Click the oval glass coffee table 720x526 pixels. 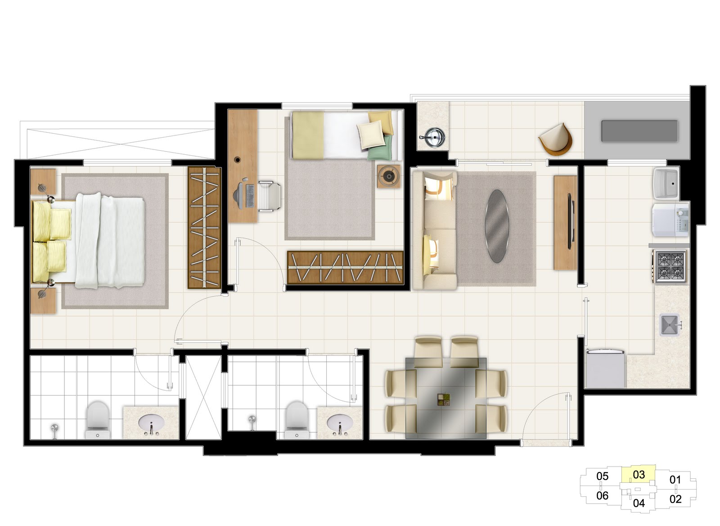tap(497, 226)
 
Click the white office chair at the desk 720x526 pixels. tap(269, 196)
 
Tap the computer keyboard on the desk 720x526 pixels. tap(250, 196)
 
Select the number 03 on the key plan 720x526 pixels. tap(639, 475)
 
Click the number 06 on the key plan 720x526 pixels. tap(602, 495)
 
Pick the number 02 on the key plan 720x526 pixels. tap(675, 499)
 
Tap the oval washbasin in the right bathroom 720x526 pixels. tap(339, 422)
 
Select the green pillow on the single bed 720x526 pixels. tap(381, 148)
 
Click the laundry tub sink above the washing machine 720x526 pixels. tap(666, 183)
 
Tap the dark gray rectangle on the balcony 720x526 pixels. tap(639, 131)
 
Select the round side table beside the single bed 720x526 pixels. tap(389, 176)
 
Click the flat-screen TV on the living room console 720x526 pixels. tap(571, 221)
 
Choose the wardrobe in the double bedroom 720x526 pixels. tap(204, 228)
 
